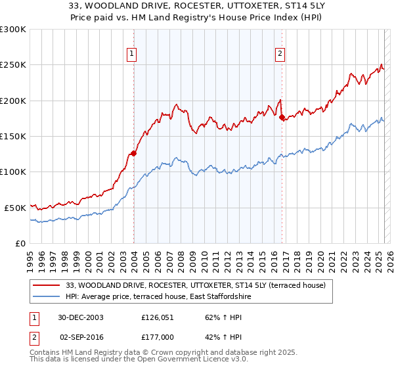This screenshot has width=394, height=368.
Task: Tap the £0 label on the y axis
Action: pos(21,242)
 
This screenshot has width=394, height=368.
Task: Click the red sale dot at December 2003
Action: pos(134,153)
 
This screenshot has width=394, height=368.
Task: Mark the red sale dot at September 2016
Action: pos(282,118)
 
